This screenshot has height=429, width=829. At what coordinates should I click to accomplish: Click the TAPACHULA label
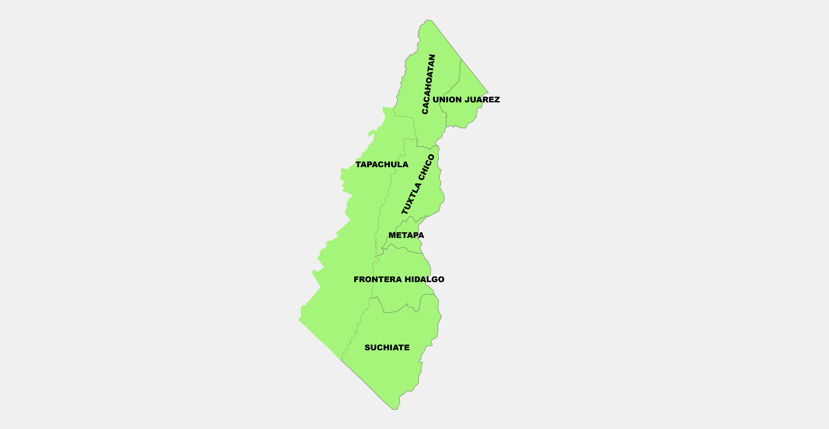pos(382,164)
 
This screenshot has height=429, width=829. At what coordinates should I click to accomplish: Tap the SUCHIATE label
pos(387,348)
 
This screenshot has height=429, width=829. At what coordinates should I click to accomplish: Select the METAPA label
pos(406,235)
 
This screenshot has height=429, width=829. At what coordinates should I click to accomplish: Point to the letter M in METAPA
pos(392,235)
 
